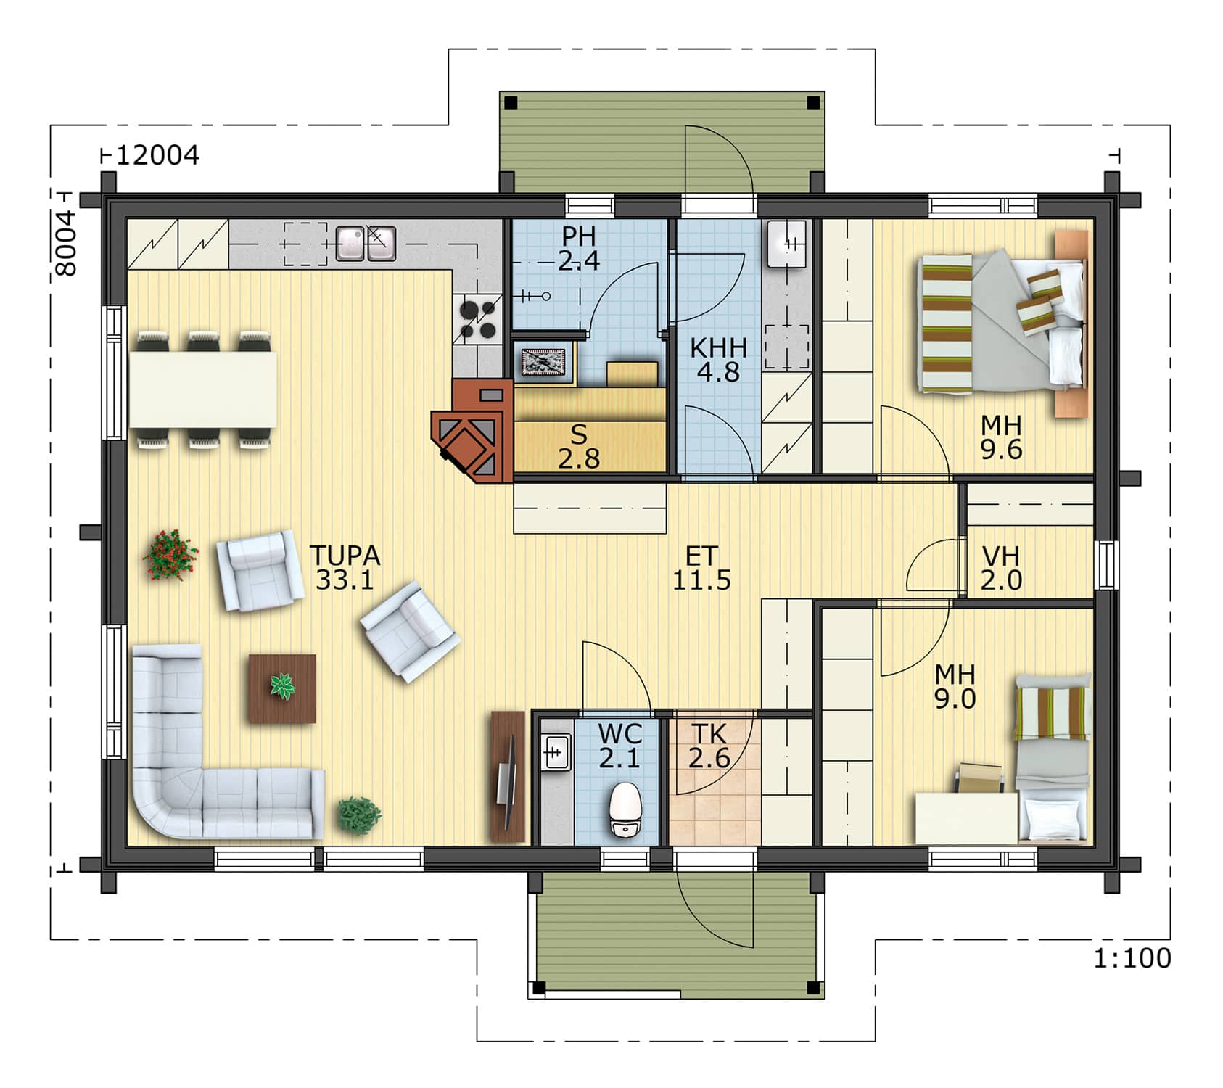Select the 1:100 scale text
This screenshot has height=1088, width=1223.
point(1132,958)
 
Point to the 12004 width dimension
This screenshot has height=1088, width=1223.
point(157,155)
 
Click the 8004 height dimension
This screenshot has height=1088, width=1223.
point(66,243)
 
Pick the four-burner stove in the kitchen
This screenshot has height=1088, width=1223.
point(478,320)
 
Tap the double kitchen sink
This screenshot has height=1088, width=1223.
point(366,244)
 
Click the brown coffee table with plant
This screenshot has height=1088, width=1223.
point(282,688)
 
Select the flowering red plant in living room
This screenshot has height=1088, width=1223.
point(170,555)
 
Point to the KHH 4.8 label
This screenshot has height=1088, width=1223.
point(718,360)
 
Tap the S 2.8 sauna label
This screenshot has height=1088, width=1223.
point(579,446)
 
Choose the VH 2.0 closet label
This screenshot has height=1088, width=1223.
point(1001,568)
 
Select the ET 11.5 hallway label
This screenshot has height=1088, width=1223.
point(701,568)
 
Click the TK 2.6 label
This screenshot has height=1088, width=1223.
point(709,746)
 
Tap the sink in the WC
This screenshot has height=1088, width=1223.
point(556,752)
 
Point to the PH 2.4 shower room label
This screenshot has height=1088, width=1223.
point(579,248)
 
